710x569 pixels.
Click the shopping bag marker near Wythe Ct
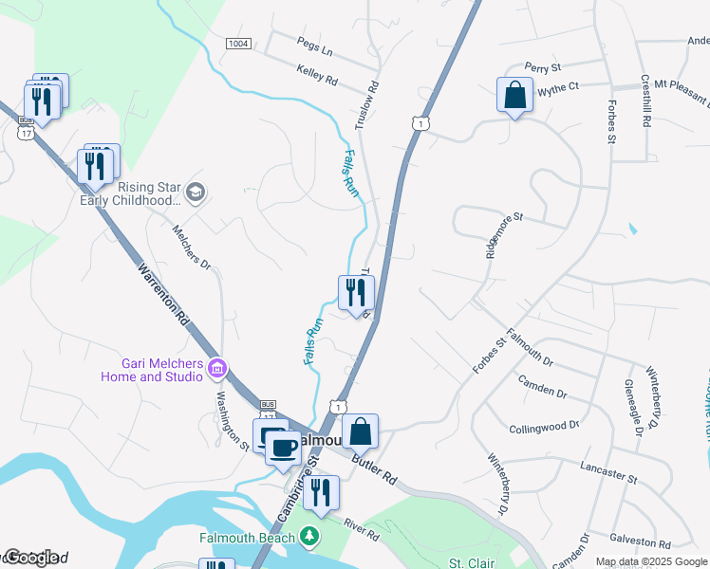(514, 96)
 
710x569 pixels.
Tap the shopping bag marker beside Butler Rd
(360, 432)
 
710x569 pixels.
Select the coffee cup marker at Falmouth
(281, 449)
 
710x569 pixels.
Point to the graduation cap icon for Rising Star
(196, 193)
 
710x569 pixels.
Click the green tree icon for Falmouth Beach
(308, 538)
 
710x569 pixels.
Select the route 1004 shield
(239, 44)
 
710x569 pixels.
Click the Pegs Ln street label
(315, 47)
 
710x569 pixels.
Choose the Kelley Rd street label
(317, 76)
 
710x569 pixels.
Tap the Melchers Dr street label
(192, 248)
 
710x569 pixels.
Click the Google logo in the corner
(30, 558)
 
